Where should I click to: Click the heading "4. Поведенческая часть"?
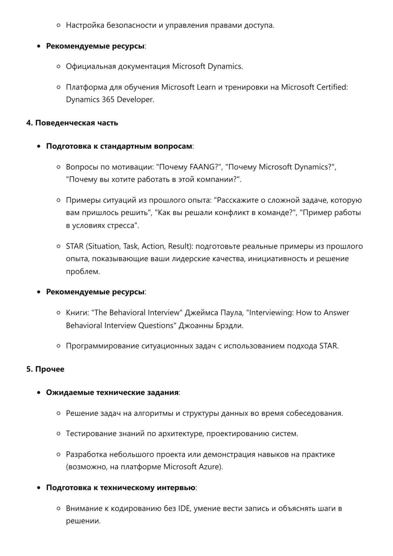click(72, 123)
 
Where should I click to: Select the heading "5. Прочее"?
click(45, 369)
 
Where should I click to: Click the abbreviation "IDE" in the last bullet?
click(184, 508)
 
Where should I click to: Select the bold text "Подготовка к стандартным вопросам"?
click(119, 146)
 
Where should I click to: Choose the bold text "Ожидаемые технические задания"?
click(112, 392)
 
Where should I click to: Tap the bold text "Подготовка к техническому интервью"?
click(121, 487)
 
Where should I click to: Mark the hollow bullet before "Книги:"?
click(58, 313)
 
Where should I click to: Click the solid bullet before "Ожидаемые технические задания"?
click(39, 393)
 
